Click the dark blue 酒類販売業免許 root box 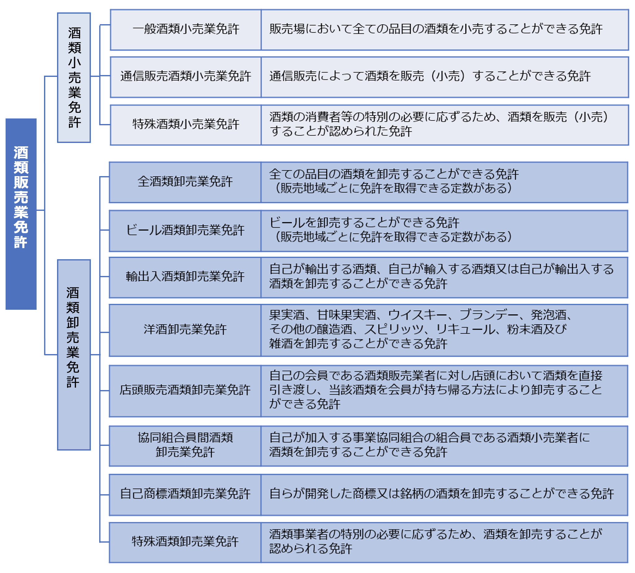pos(21,214)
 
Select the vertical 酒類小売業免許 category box pos(74,78)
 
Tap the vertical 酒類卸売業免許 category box pos(74,354)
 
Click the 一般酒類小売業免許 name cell pos(186,29)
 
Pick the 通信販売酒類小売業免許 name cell pos(186,77)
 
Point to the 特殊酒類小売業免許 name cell pos(186,125)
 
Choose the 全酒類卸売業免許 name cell pos(185,182)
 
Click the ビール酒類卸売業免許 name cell pos(185,230)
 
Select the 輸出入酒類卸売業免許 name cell pos(185,277)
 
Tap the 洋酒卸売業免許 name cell pos(185,330)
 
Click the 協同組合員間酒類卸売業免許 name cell pos(185,445)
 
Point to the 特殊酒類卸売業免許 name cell pos(185,542)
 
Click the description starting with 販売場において pos(436,29)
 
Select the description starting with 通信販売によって pos(429,77)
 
